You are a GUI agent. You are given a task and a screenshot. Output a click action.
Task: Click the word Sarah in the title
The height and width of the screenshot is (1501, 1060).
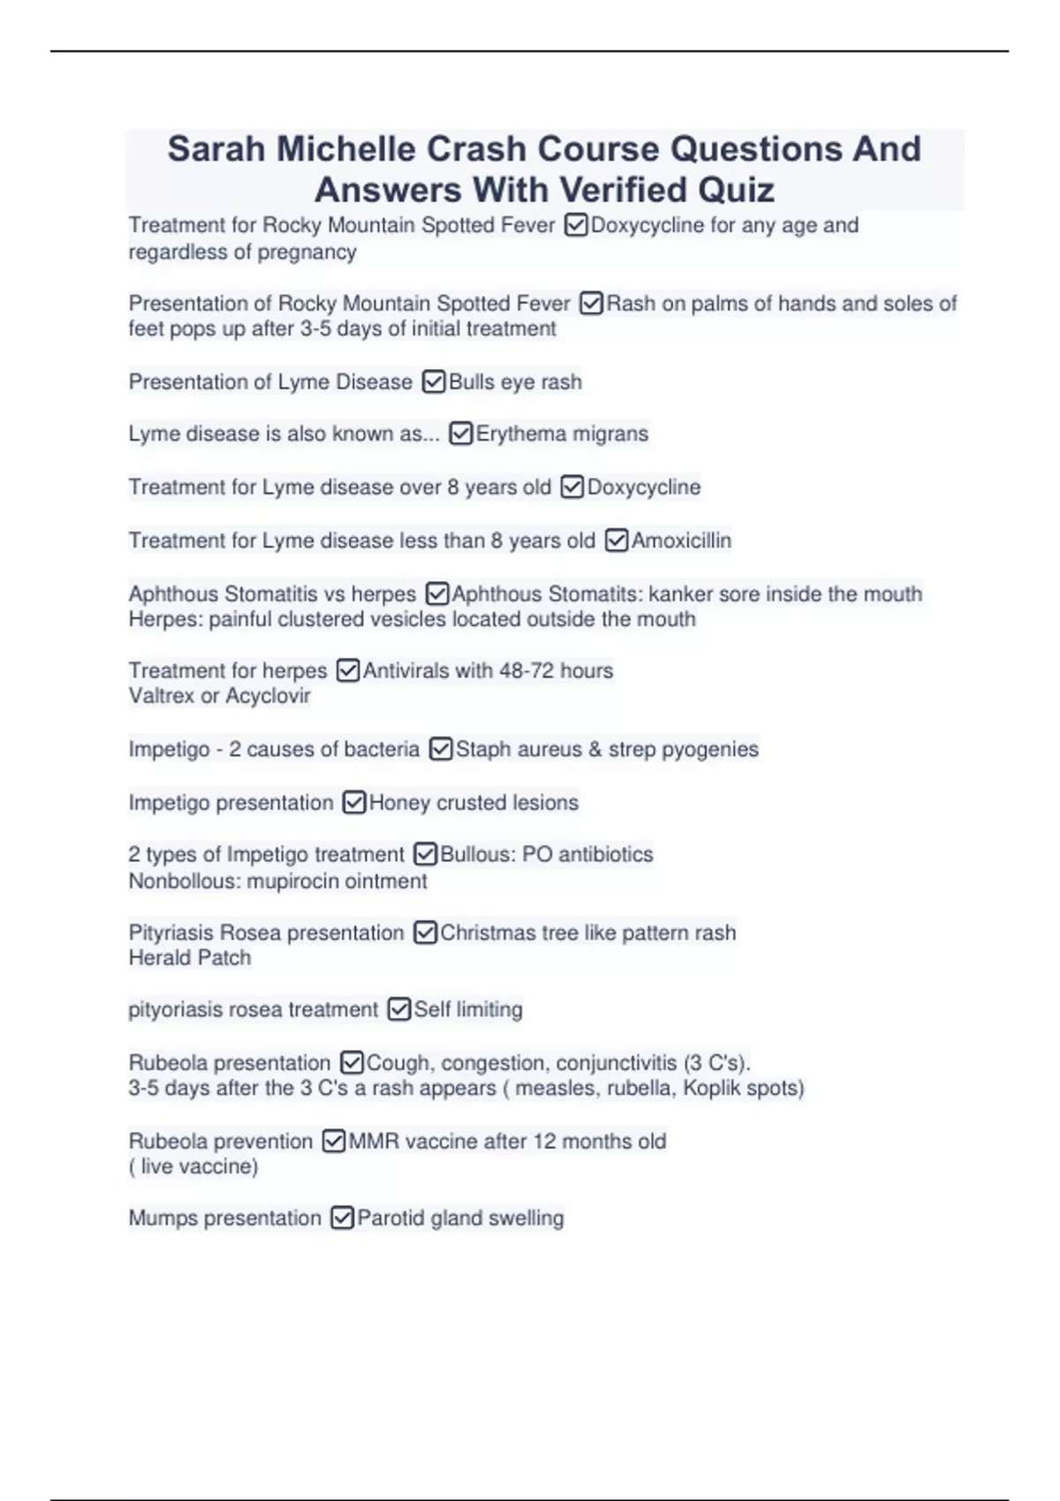click(216, 149)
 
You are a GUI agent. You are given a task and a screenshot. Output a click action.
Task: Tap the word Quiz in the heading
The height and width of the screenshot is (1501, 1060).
click(735, 190)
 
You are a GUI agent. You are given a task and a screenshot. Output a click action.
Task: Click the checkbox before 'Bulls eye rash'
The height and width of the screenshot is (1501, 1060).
click(434, 381)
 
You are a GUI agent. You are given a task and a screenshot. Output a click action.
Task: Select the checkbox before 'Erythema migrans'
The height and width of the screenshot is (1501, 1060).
click(460, 434)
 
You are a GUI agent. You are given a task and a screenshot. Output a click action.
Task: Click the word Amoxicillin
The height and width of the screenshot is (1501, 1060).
click(681, 540)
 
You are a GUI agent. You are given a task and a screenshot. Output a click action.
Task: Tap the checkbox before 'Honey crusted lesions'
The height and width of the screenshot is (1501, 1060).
click(353, 803)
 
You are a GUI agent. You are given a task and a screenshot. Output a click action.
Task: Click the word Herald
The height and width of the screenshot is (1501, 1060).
click(158, 958)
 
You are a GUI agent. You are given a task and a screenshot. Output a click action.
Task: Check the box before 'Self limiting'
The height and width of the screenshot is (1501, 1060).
click(399, 1009)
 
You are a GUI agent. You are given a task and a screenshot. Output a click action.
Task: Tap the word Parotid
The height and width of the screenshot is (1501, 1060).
click(390, 1218)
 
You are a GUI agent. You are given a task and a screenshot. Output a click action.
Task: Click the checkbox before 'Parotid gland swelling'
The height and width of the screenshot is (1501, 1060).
click(342, 1218)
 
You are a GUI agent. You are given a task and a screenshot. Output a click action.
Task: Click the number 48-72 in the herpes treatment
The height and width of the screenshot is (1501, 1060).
click(526, 671)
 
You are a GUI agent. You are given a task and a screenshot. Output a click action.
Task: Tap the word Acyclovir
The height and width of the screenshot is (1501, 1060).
click(268, 696)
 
